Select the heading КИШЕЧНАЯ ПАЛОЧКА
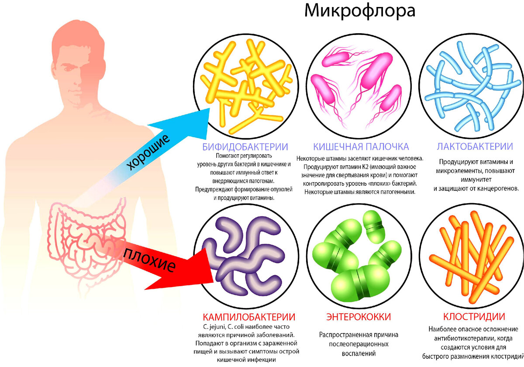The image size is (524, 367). coord(361,146)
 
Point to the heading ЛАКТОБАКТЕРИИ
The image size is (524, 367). coord(475,146)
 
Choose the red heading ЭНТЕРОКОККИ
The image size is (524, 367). coord(359,316)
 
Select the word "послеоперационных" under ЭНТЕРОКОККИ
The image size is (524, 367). coord(359,345)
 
